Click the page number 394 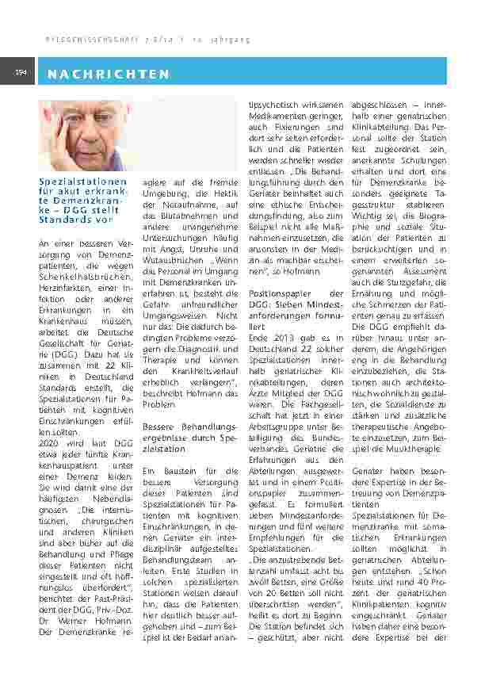21,73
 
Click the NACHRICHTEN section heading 109,75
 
